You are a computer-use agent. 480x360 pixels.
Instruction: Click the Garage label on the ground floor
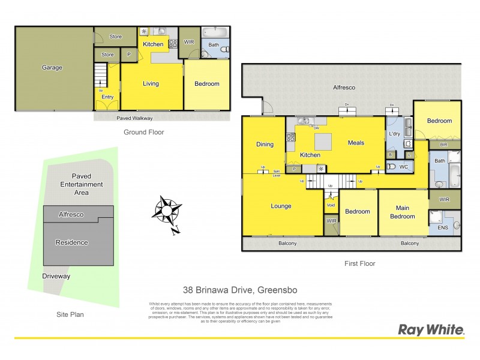[x=52, y=68]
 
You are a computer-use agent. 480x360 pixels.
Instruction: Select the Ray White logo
[x=431, y=329]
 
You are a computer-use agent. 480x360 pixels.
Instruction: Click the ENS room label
[x=443, y=228]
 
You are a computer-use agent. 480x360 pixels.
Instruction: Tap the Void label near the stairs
[x=331, y=205]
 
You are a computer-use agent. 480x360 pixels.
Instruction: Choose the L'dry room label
[x=394, y=134]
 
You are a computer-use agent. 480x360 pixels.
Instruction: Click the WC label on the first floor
[x=403, y=166]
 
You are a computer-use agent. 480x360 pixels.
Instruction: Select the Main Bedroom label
[x=402, y=212]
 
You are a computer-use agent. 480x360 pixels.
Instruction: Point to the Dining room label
[x=265, y=144]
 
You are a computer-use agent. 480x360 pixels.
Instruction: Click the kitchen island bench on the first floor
[x=322, y=142]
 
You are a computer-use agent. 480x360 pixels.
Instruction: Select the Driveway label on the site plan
[x=56, y=276]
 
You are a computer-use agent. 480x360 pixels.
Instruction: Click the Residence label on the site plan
[x=71, y=242]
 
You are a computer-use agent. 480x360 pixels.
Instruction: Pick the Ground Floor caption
[x=143, y=132]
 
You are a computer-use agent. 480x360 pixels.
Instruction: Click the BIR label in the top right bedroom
[x=445, y=145]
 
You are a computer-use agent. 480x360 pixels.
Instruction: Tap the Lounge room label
[x=281, y=206]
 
